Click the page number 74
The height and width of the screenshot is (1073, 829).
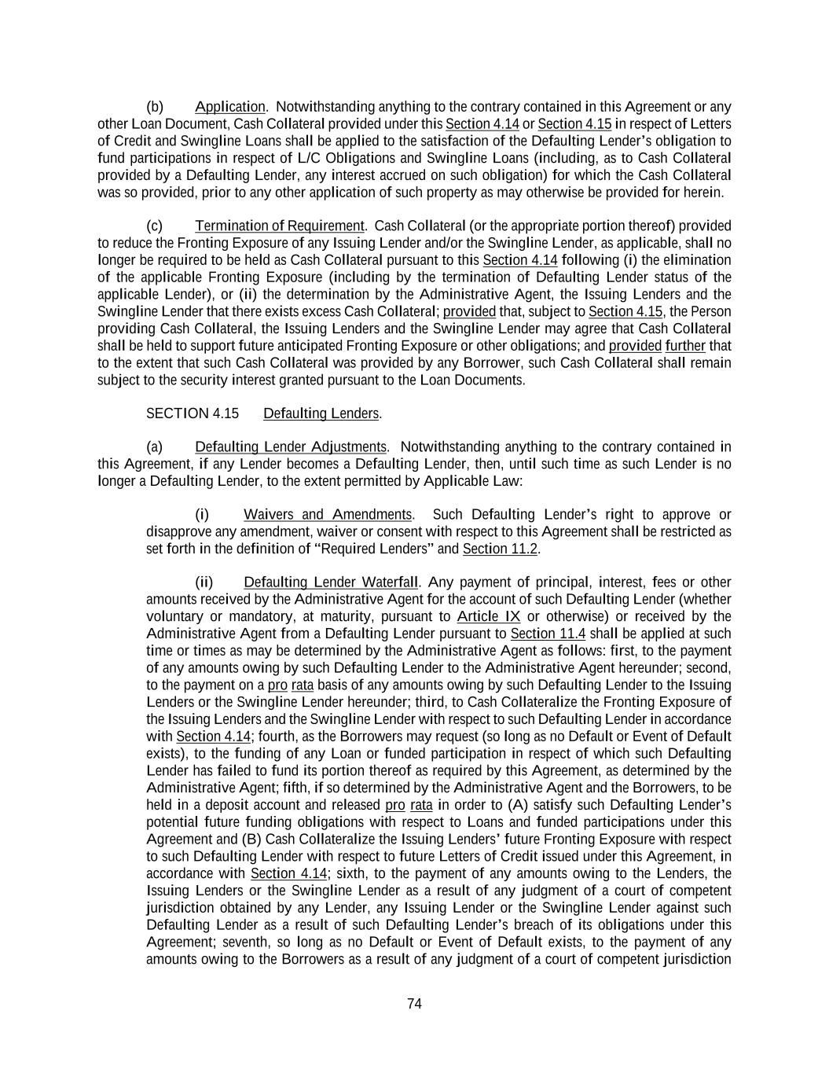414,1004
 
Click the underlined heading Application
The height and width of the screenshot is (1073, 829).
230,107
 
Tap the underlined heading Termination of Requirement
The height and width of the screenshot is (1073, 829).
280,226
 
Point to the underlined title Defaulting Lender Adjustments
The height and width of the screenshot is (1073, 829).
291,447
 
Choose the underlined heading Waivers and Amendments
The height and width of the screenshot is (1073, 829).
328,515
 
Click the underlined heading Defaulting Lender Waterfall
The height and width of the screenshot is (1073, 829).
331,582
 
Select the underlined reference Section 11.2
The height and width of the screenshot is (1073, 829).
500,549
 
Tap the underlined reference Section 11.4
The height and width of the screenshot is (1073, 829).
548,634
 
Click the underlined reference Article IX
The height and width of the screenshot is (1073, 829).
488,616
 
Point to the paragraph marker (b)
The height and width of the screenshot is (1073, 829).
155,107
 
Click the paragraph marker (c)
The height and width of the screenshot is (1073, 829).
155,226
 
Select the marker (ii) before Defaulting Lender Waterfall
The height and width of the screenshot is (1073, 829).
204,582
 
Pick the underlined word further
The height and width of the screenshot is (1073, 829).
685,346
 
